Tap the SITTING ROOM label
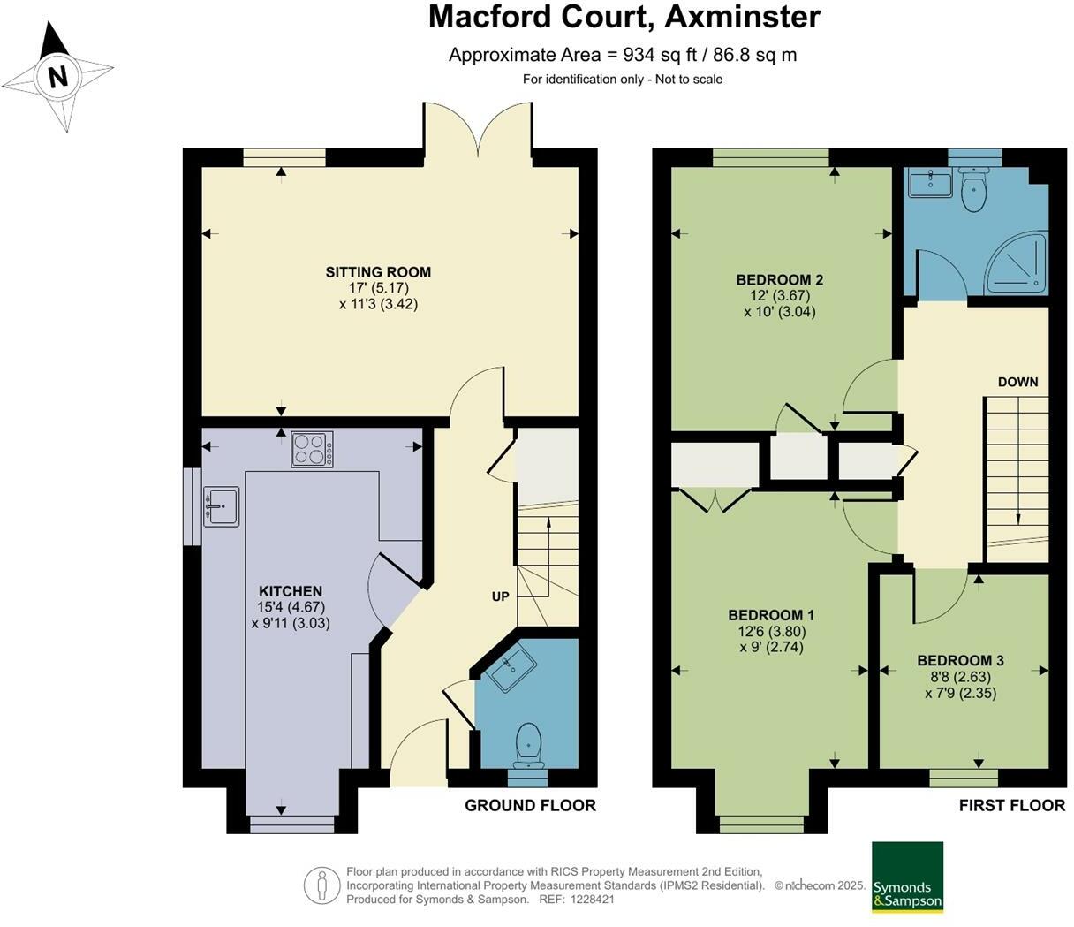pos(378,272)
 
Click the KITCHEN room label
pos(290,591)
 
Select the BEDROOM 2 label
pos(780,280)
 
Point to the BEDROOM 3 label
pos(960,660)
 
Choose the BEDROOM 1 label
pos(771,615)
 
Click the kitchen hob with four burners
pos(313,449)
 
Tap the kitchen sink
pos(221,506)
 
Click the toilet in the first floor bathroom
pos(975,191)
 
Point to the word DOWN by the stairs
pos(1017,382)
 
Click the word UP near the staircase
pos(500,596)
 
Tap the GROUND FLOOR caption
pos(530,805)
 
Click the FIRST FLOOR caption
pos(1012,805)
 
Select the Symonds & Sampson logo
pos(907,877)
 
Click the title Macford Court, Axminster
pos(624,17)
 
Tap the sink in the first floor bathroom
pos(929,185)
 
